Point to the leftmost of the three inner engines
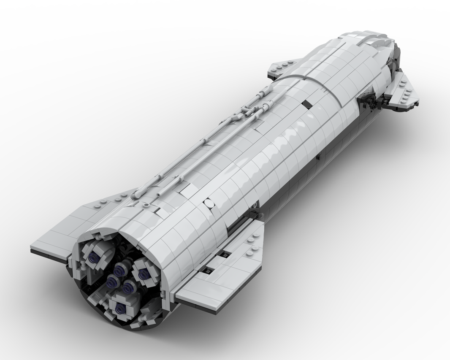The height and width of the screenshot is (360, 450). click(111, 281)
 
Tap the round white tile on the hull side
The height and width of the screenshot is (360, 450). click(208, 204)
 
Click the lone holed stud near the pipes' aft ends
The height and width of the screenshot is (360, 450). click(146, 206)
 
